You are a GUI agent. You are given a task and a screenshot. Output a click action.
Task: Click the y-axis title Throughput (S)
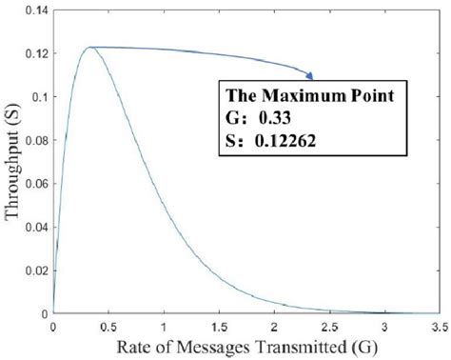tap(12, 163)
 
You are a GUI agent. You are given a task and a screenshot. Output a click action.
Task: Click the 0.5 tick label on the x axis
tap(108, 327)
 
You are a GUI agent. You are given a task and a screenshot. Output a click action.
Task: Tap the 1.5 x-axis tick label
tap(219, 327)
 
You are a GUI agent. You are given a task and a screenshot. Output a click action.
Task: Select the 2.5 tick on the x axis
tap(329, 327)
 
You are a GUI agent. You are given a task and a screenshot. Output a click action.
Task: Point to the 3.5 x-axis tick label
tap(438, 327)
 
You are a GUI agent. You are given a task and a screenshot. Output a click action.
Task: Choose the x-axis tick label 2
tap(274, 327)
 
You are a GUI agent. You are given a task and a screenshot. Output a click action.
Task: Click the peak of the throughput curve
tap(89, 47)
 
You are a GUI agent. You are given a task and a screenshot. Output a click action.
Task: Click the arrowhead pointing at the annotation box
tap(310, 73)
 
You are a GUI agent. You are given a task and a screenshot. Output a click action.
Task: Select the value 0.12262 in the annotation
tap(281, 142)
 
